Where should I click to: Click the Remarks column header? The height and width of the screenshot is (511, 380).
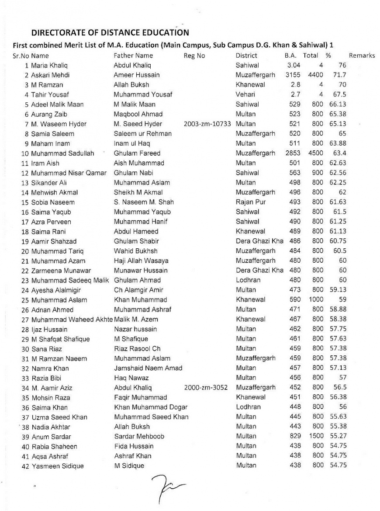tap(362, 56)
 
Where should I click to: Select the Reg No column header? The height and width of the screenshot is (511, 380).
tap(194, 56)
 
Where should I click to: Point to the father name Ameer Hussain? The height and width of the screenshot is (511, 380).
tap(137, 75)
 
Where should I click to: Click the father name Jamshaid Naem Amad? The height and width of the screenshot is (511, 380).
tap(148, 368)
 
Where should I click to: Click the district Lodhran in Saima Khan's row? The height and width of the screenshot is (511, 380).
tap(248, 407)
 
